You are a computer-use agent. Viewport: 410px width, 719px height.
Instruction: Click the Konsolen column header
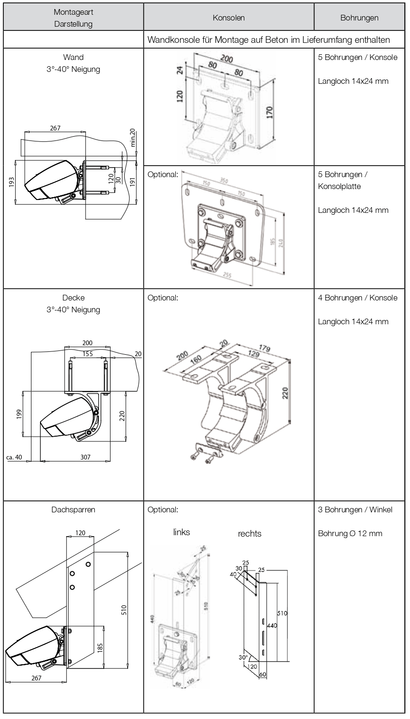229,18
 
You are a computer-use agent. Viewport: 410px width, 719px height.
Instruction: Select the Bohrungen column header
359,18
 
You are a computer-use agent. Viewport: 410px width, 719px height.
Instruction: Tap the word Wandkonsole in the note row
171,40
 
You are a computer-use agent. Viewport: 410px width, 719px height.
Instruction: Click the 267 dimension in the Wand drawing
55,128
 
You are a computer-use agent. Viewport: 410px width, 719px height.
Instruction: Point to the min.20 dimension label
133,138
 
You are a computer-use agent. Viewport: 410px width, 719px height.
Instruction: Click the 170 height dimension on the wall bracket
270,112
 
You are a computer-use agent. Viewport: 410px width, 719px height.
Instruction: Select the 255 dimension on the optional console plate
228,275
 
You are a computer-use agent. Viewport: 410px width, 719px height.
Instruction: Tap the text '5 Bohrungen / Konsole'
357,58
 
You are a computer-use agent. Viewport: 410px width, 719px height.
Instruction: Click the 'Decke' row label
73,298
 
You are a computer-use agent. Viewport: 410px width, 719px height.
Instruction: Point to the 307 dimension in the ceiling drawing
84,457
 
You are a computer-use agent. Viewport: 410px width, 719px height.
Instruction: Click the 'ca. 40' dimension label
15,458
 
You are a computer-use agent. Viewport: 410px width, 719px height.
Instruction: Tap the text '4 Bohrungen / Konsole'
357,298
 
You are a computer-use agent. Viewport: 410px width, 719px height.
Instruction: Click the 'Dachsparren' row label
73,509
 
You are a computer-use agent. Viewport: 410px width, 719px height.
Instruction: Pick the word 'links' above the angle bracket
181,532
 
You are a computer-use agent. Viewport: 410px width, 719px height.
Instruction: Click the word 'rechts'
250,534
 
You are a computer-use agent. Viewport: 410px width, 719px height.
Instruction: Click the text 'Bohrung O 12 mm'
350,533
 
